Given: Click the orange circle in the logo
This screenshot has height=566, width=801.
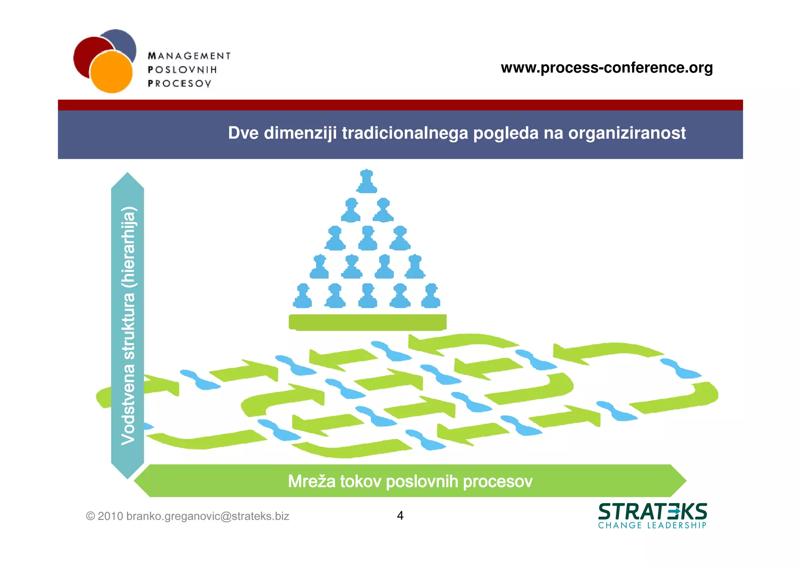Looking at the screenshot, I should [x=111, y=72].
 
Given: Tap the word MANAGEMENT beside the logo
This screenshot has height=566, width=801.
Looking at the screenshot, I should [x=189, y=56].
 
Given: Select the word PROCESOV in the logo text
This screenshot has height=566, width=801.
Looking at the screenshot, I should [x=180, y=83].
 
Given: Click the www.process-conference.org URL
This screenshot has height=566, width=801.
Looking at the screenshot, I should [x=607, y=68].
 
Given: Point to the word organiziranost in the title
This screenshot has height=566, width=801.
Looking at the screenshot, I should [x=627, y=133].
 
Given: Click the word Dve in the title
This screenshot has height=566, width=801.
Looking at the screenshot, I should [x=243, y=133].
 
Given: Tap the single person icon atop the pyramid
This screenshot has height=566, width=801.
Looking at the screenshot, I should [x=367, y=181].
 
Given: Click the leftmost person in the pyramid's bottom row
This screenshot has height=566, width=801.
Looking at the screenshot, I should [x=302, y=296].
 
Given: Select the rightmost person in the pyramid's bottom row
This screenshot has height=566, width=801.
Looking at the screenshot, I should [x=431, y=296].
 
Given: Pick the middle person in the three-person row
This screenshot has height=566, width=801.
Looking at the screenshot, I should [x=368, y=238].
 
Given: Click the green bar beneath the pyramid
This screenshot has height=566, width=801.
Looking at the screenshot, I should [x=367, y=322].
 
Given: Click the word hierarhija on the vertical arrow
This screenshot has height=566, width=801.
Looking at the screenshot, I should [x=128, y=247].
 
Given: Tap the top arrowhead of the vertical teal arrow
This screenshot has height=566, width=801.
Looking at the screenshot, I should [x=128, y=181].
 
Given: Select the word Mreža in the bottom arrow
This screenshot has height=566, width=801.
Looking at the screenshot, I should [x=312, y=481].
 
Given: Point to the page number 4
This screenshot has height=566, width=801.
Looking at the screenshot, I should [x=400, y=516].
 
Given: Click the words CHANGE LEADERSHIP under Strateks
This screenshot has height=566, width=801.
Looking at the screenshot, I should [x=652, y=525].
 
